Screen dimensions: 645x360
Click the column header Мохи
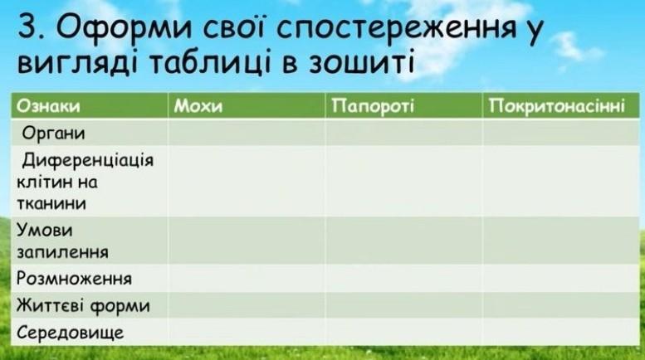tap(198, 106)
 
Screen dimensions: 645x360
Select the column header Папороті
tap(373, 106)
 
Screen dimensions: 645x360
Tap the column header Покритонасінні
tap(557, 106)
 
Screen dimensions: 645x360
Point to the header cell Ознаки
tap(48, 106)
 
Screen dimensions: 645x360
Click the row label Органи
tap(53, 134)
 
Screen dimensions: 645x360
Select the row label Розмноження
tap(74, 279)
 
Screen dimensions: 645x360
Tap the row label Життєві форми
tap(83, 306)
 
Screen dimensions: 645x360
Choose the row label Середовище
tap(70, 333)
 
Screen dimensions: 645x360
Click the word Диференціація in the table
tap(88, 160)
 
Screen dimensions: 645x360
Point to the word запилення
tap(62, 252)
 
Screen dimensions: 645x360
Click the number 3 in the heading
tap(28, 27)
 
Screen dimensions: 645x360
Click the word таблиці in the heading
tap(209, 64)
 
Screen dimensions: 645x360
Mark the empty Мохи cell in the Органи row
tap(247, 133)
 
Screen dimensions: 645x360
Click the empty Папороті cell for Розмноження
tap(404, 278)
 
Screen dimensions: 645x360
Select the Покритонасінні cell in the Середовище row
tap(561, 332)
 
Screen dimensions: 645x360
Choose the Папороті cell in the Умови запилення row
tap(404, 241)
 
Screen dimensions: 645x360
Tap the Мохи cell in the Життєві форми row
tap(247, 305)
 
